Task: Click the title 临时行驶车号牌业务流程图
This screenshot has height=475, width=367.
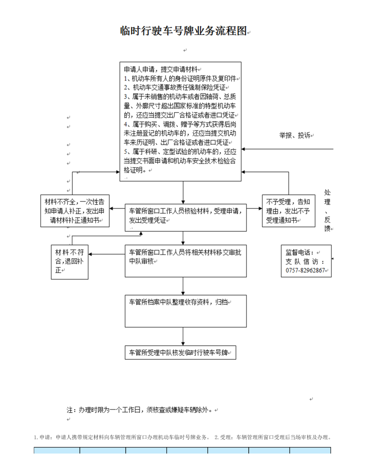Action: (183, 31)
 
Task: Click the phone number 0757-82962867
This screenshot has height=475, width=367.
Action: (305, 270)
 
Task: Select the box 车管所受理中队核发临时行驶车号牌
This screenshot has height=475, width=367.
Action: (180, 353)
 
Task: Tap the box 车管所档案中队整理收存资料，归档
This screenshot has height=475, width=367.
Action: (186, 311)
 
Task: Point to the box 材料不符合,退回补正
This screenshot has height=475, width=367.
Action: (70, 262)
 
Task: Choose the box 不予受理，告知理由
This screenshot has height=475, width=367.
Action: (289, 211)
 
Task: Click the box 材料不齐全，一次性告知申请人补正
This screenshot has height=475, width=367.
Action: (75, 211)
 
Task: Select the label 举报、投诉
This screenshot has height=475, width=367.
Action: (295, 135)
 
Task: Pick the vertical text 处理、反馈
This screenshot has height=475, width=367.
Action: (327, 211)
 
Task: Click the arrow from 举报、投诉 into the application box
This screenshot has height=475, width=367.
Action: (287, 149)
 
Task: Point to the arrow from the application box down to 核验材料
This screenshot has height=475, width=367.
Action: (183, 193)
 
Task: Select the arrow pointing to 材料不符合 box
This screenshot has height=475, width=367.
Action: (107, 254)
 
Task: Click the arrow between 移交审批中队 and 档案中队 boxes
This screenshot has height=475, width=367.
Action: (183, 286)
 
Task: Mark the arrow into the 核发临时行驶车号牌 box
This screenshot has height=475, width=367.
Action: (183, 336)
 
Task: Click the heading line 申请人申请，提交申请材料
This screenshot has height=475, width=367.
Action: (161, 69)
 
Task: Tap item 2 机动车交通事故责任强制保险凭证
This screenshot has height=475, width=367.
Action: (175, 88)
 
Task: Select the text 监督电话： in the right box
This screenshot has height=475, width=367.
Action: (300, 252)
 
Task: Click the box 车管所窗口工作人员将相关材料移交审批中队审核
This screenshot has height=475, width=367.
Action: (186, 261)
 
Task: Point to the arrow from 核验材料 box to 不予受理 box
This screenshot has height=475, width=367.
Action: (255, 208)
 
